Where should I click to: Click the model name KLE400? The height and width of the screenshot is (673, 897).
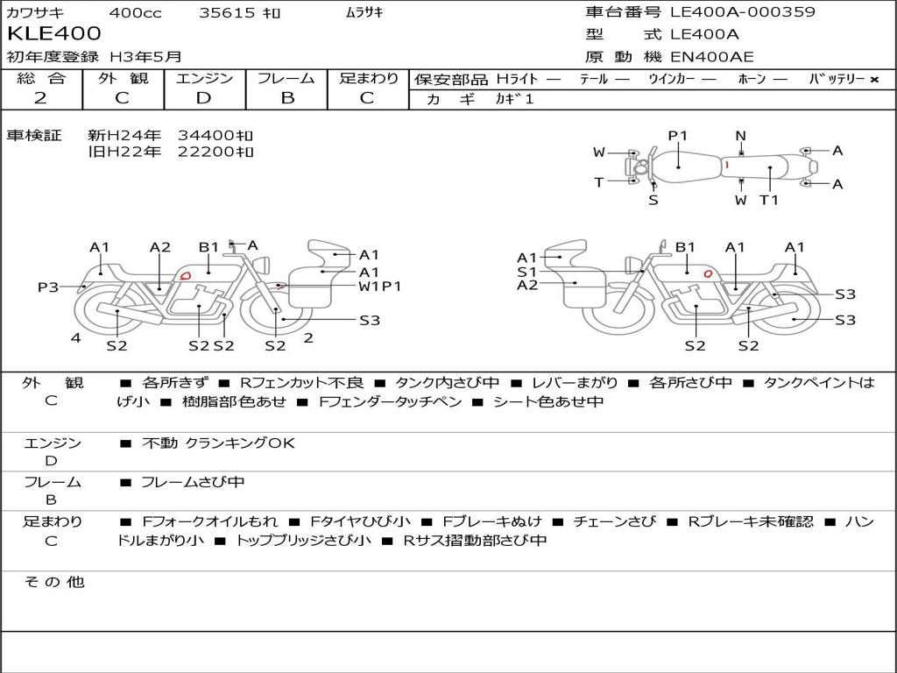click(53, 33)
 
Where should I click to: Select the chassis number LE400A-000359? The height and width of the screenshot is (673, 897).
click(743, 11)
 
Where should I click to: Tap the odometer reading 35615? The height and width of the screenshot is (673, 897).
click(227, 12)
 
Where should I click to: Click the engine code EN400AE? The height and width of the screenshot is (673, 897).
click(711, 57)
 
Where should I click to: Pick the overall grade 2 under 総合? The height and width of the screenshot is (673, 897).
click(40, 98)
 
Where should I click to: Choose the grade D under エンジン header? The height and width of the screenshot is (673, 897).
click(203, 98)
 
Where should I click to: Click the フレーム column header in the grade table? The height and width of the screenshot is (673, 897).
click(286, 78)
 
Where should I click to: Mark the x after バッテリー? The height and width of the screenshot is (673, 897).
click(874, 80)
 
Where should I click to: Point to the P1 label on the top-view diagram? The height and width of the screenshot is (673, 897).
click(677, 136)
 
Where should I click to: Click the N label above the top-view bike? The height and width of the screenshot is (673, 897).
click(741, 136)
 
